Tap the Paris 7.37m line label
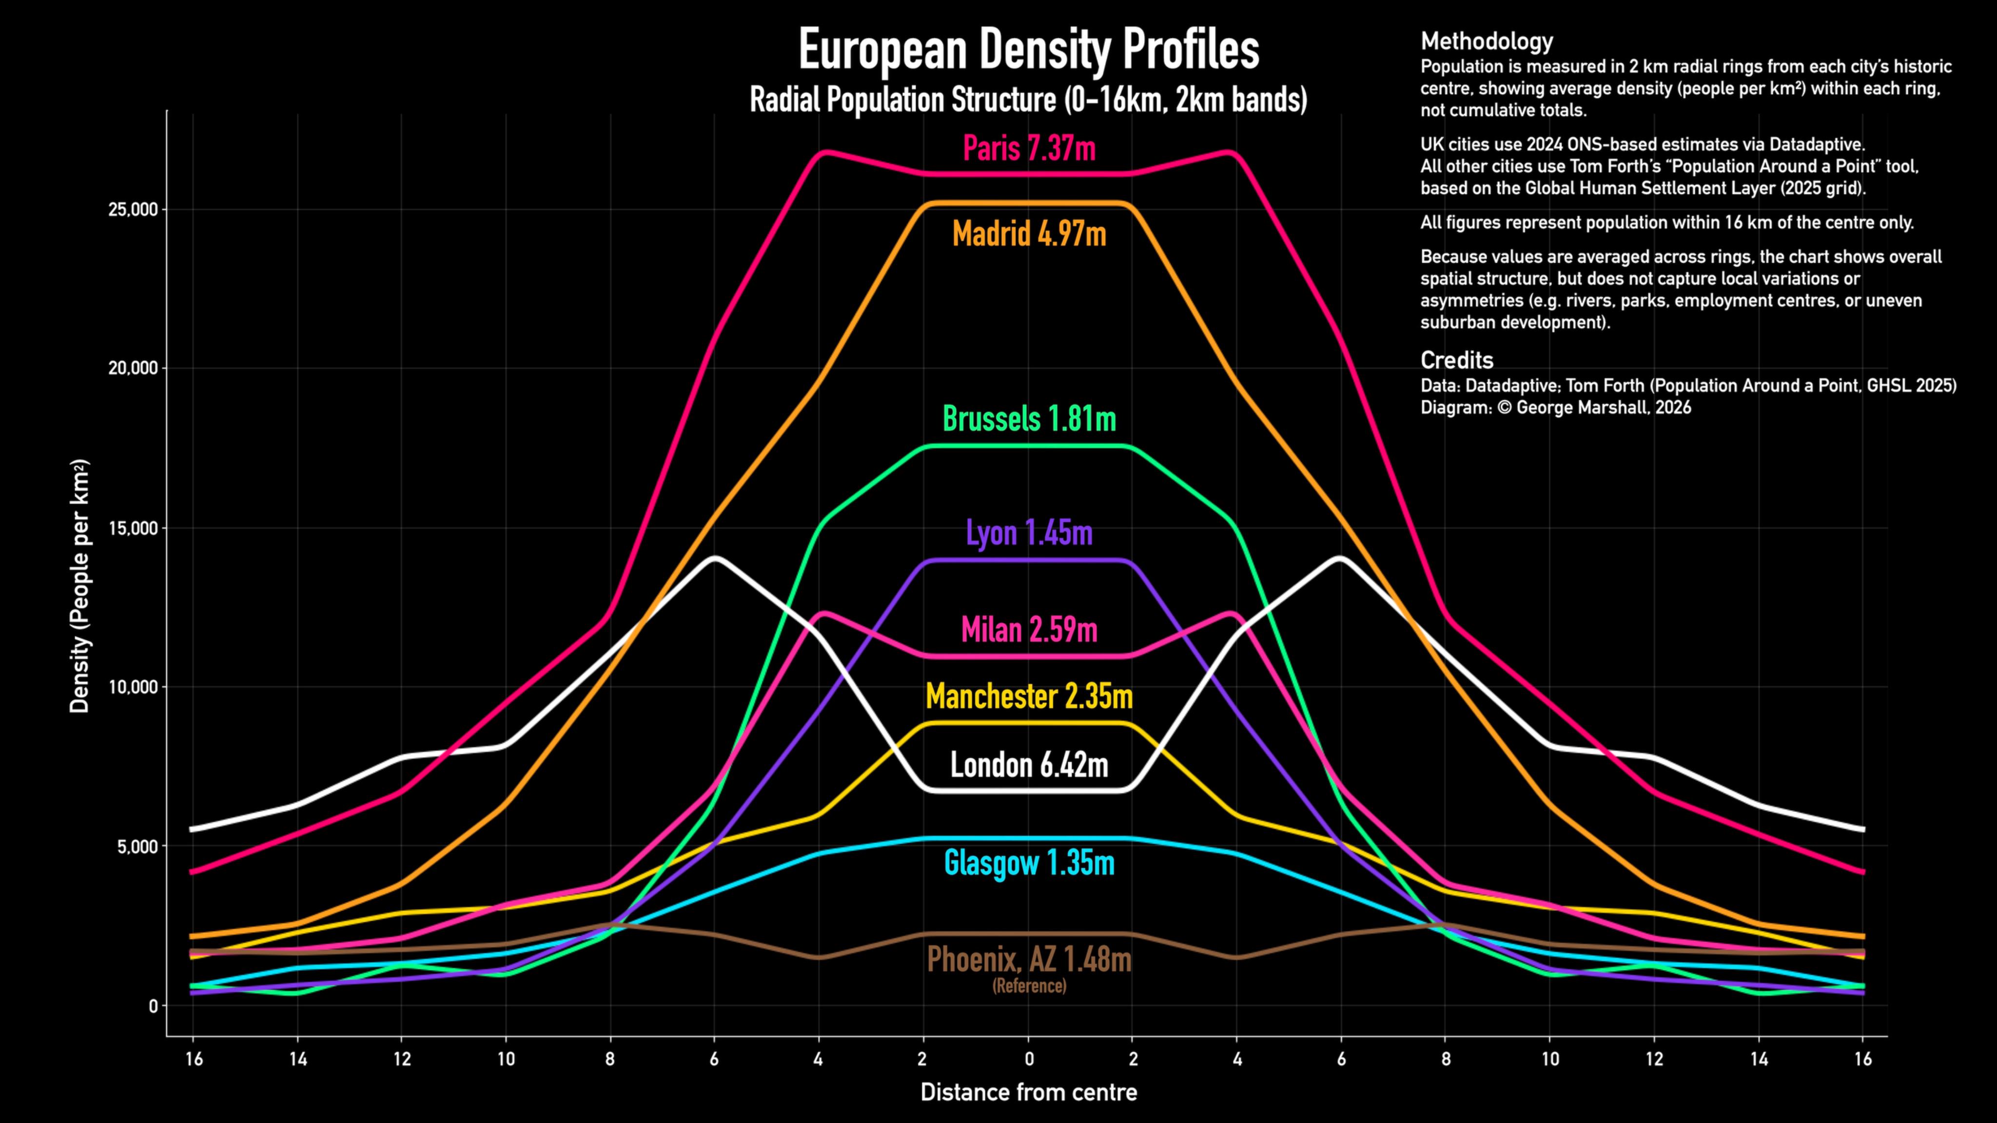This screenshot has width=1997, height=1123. click(1029, 148)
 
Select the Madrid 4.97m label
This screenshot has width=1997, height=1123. click(1029, 233)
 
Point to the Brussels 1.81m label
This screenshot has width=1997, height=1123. click(1029, 419)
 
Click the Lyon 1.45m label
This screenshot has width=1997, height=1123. click(1029, 533)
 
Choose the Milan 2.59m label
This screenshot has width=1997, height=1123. click(1029, 629)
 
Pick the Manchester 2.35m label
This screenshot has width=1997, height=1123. click(1029, 697)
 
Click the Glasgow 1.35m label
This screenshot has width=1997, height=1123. click(1029, 863)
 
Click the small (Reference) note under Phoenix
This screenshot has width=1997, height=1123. click(1029, 986)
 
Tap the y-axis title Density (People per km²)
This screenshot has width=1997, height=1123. click(80, 587)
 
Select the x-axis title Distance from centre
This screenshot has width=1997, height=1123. click(1029, 1093)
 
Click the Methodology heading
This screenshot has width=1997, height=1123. click(1486, 41)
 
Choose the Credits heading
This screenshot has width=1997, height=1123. click(1456, 360)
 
